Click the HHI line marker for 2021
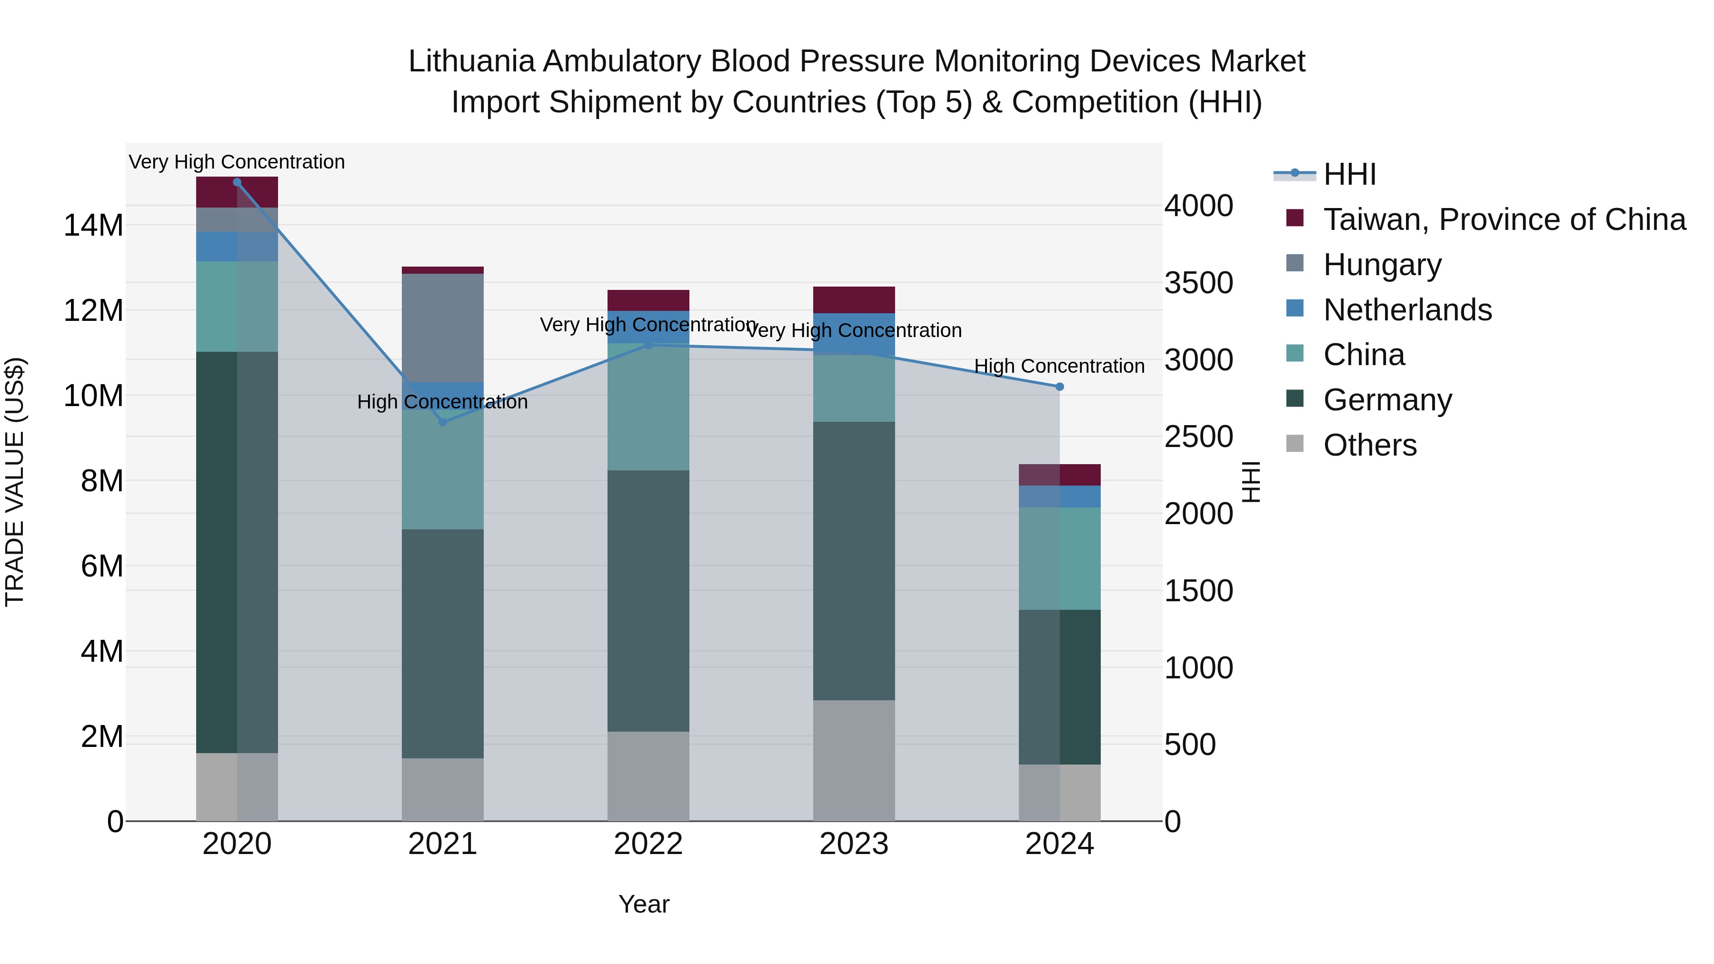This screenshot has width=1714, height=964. [x=442, y=422]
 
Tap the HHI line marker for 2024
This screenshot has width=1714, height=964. [x=1059, y=387]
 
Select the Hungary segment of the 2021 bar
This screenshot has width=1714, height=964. [x=442, y=328]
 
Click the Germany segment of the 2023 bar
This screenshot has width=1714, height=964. [x=854, y=560]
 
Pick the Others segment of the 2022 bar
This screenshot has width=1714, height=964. [x=648, y=776]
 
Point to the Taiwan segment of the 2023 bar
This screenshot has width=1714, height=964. [x=854, y=299]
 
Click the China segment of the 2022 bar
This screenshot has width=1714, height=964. [x=648, y=407]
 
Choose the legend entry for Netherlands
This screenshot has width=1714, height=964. [x=1407, y=310]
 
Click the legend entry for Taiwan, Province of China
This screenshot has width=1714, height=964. [x=1504, y=219]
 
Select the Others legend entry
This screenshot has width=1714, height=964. [x=1369, y=445]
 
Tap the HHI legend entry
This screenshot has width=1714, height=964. [x=1349, y=174]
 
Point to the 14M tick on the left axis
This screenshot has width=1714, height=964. [x=93, y=226]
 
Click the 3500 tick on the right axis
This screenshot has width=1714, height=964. [x=1198, y=283]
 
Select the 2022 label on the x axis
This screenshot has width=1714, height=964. [x=648, y=844]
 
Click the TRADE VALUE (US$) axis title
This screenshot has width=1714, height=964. [x=15, y=482]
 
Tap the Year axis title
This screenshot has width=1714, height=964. [x=643, y=904]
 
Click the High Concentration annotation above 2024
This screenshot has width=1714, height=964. [x=1059, y=366]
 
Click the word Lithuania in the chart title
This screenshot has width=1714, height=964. [x=471, y=61]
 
